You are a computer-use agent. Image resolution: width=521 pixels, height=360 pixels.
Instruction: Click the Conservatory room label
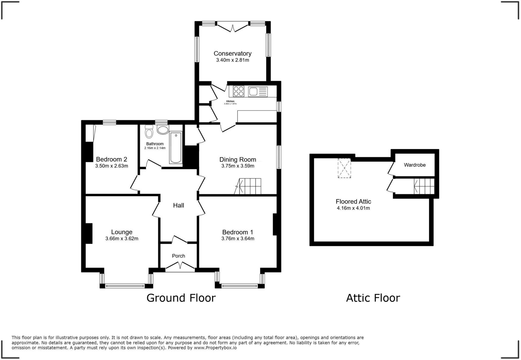tap(233, 53)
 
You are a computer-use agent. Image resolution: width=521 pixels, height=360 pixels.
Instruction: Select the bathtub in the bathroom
tap(176, 147)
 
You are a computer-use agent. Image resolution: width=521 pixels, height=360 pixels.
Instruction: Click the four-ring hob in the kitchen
tap(238, 91)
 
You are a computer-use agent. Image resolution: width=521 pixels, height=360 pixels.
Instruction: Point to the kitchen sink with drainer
tap(258, 91)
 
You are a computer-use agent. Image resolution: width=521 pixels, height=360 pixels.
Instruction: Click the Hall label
tap(178, 205)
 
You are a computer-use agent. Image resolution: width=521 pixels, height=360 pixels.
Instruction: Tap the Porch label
tap(178, 256)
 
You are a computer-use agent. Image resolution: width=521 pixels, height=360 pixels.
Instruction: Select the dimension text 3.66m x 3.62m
tap(122, 239)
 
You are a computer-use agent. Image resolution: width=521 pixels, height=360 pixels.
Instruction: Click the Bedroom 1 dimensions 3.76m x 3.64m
tap(238, 239)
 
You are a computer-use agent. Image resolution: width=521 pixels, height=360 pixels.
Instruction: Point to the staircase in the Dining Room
tap(249, 186)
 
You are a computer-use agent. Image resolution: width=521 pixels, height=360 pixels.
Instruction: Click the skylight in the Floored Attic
tap(344, 168)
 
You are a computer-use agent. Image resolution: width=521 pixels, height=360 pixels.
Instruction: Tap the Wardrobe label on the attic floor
tap(415, 165)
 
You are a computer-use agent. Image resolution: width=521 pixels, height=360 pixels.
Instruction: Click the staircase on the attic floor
tap(424, 186)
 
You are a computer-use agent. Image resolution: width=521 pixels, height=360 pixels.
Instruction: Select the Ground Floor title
tap(181, 298)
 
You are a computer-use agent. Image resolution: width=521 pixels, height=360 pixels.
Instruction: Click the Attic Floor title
tap(373, 298)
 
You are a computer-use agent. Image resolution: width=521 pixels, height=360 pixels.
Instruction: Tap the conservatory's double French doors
tap(233, 27)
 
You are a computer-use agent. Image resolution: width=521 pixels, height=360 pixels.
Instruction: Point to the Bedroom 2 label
tap(111, 159)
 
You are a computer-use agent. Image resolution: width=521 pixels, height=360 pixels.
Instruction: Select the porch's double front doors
tap(180, 266)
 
